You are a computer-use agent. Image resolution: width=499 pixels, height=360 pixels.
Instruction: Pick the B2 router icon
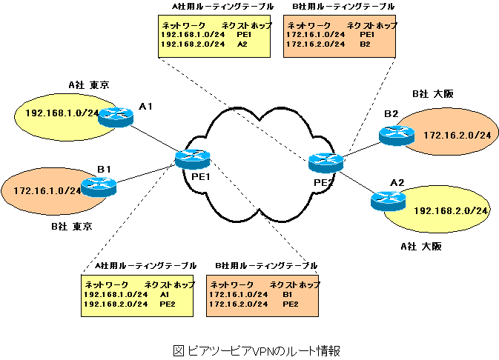[x=396, y=134]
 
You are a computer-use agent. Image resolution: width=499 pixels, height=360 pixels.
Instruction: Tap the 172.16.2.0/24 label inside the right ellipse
[x=457, y=135]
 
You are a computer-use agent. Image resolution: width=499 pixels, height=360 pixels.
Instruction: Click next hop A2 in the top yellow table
[x=242, y=44]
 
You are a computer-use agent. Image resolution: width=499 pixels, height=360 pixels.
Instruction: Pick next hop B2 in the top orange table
[x=365, y=44]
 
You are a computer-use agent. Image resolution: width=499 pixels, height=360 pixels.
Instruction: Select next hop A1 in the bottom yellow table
[x=165, y=294]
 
